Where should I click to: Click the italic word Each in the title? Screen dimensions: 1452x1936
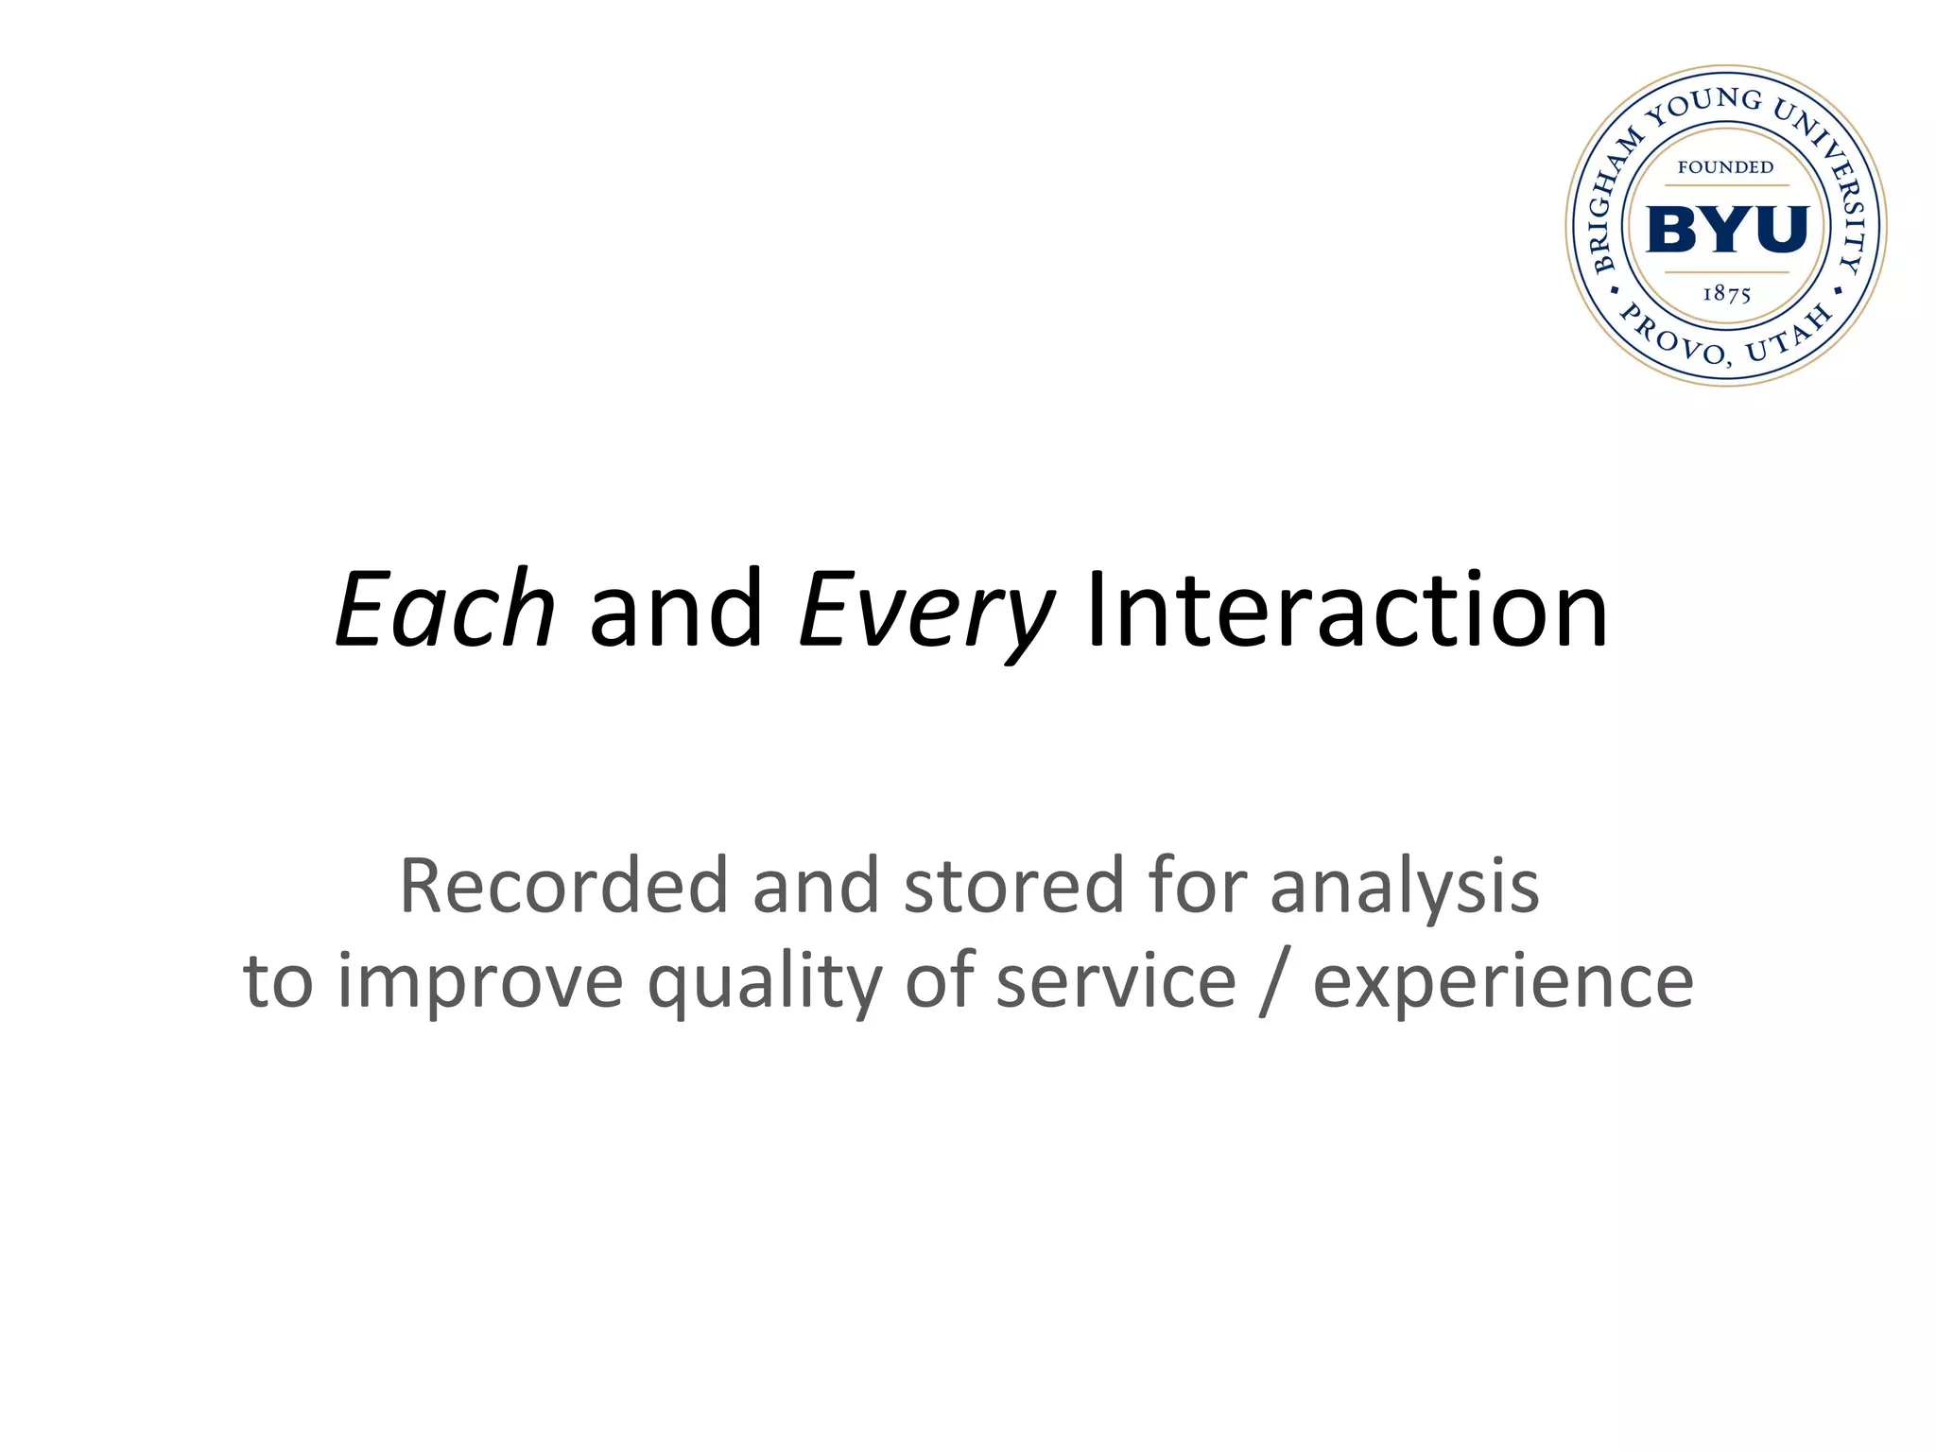click(445, 610)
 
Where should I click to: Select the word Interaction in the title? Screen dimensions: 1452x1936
click(1346, 610)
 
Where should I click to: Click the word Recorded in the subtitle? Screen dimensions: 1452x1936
click(563, 886)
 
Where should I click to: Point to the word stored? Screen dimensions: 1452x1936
click(1012, 886)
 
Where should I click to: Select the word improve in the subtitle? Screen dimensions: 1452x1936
click(480, 983)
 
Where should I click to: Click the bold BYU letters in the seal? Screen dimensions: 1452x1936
click(1726, 229)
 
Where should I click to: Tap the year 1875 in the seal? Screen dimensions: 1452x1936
click(1726, 294)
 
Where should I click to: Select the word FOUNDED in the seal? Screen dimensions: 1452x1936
click(1725, 167)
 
